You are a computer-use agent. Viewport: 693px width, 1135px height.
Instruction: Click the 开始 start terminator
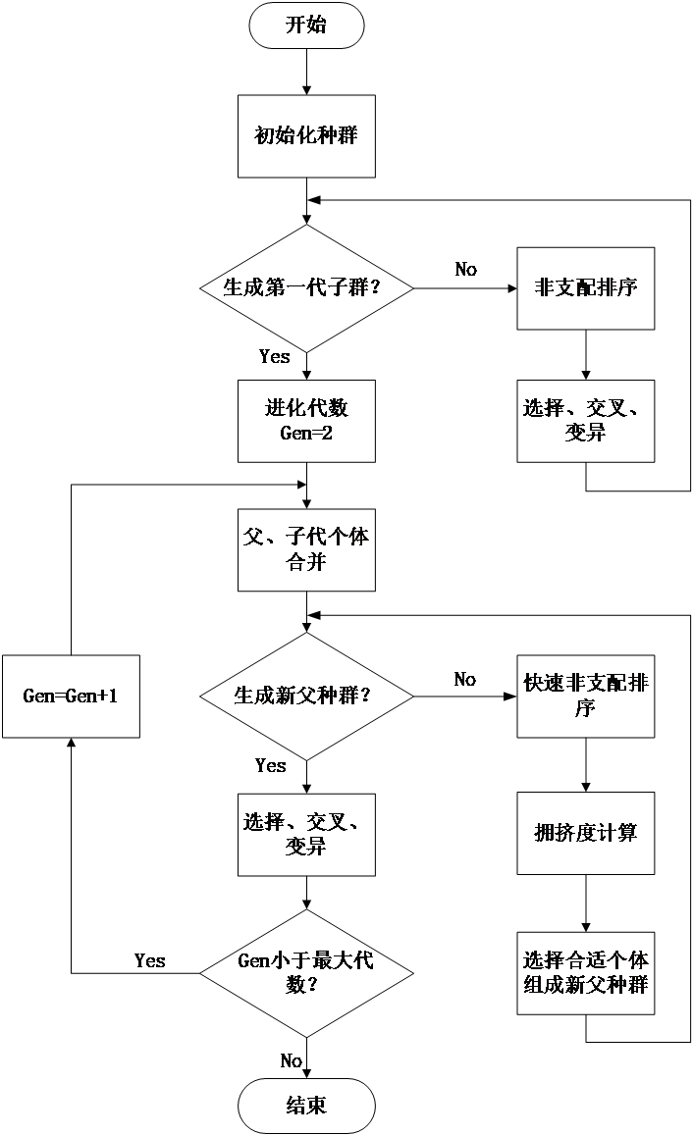pos(306,26)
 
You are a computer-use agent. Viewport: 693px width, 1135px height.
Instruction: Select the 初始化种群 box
pos(306,136)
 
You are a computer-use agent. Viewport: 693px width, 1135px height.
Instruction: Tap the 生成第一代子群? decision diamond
pos(306,288)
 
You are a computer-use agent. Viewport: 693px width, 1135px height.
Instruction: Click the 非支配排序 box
pos(586,288)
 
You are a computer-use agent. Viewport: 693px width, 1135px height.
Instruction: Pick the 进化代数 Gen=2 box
pos(306,421)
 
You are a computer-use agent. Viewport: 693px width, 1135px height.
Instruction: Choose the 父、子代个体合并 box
pos(306,550)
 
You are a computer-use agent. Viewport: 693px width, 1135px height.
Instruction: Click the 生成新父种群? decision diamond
pos(306,696)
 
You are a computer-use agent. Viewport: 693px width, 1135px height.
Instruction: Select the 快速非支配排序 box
pos(586,696)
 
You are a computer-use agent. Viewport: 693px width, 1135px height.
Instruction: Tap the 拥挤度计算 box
pos(586,833)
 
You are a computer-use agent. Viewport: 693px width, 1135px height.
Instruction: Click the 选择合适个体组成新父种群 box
pos(586,973)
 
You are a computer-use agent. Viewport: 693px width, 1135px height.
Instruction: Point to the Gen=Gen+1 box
pos(71,696)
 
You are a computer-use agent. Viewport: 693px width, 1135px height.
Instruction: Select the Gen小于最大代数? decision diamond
pos(306,973)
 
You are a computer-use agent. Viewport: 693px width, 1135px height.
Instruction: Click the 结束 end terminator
pos(306,1106)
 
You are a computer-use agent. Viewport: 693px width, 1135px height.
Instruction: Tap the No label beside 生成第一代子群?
pos(465,269)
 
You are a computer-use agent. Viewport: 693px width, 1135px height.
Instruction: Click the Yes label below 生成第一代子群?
pos(275,356)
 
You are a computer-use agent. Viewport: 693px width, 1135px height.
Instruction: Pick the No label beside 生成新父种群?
pos(465,679)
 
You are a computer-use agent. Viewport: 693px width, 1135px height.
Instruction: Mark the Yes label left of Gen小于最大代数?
pos(150,960)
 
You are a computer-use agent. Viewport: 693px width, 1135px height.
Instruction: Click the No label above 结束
pos(292,1060)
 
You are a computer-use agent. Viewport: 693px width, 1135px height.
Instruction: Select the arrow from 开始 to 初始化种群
pos(306,72)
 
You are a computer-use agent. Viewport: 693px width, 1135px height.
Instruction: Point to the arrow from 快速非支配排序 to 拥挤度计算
pos(586,765)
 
